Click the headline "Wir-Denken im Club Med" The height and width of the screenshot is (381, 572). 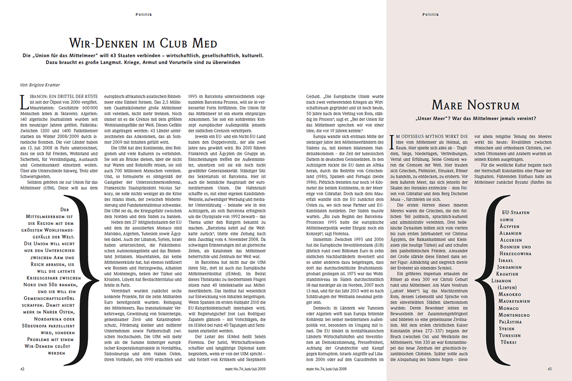[143, 43]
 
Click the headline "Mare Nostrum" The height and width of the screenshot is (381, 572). [475, 105]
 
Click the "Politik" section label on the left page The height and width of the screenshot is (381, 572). [143, 14]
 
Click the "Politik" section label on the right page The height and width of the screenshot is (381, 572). [430, 14]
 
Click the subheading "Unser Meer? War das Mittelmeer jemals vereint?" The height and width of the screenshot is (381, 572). [476, 119]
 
